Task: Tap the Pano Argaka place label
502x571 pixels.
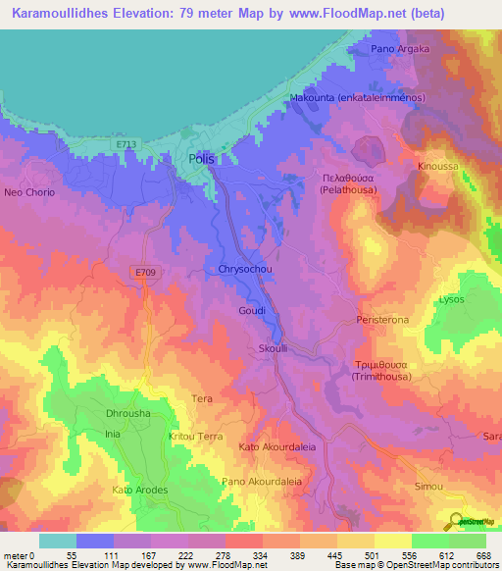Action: tap(399, 48)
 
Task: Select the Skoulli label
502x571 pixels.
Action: tap(274, 348)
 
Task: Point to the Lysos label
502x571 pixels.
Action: tap(451, 298)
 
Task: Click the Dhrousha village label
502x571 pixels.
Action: tap(127, 414)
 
